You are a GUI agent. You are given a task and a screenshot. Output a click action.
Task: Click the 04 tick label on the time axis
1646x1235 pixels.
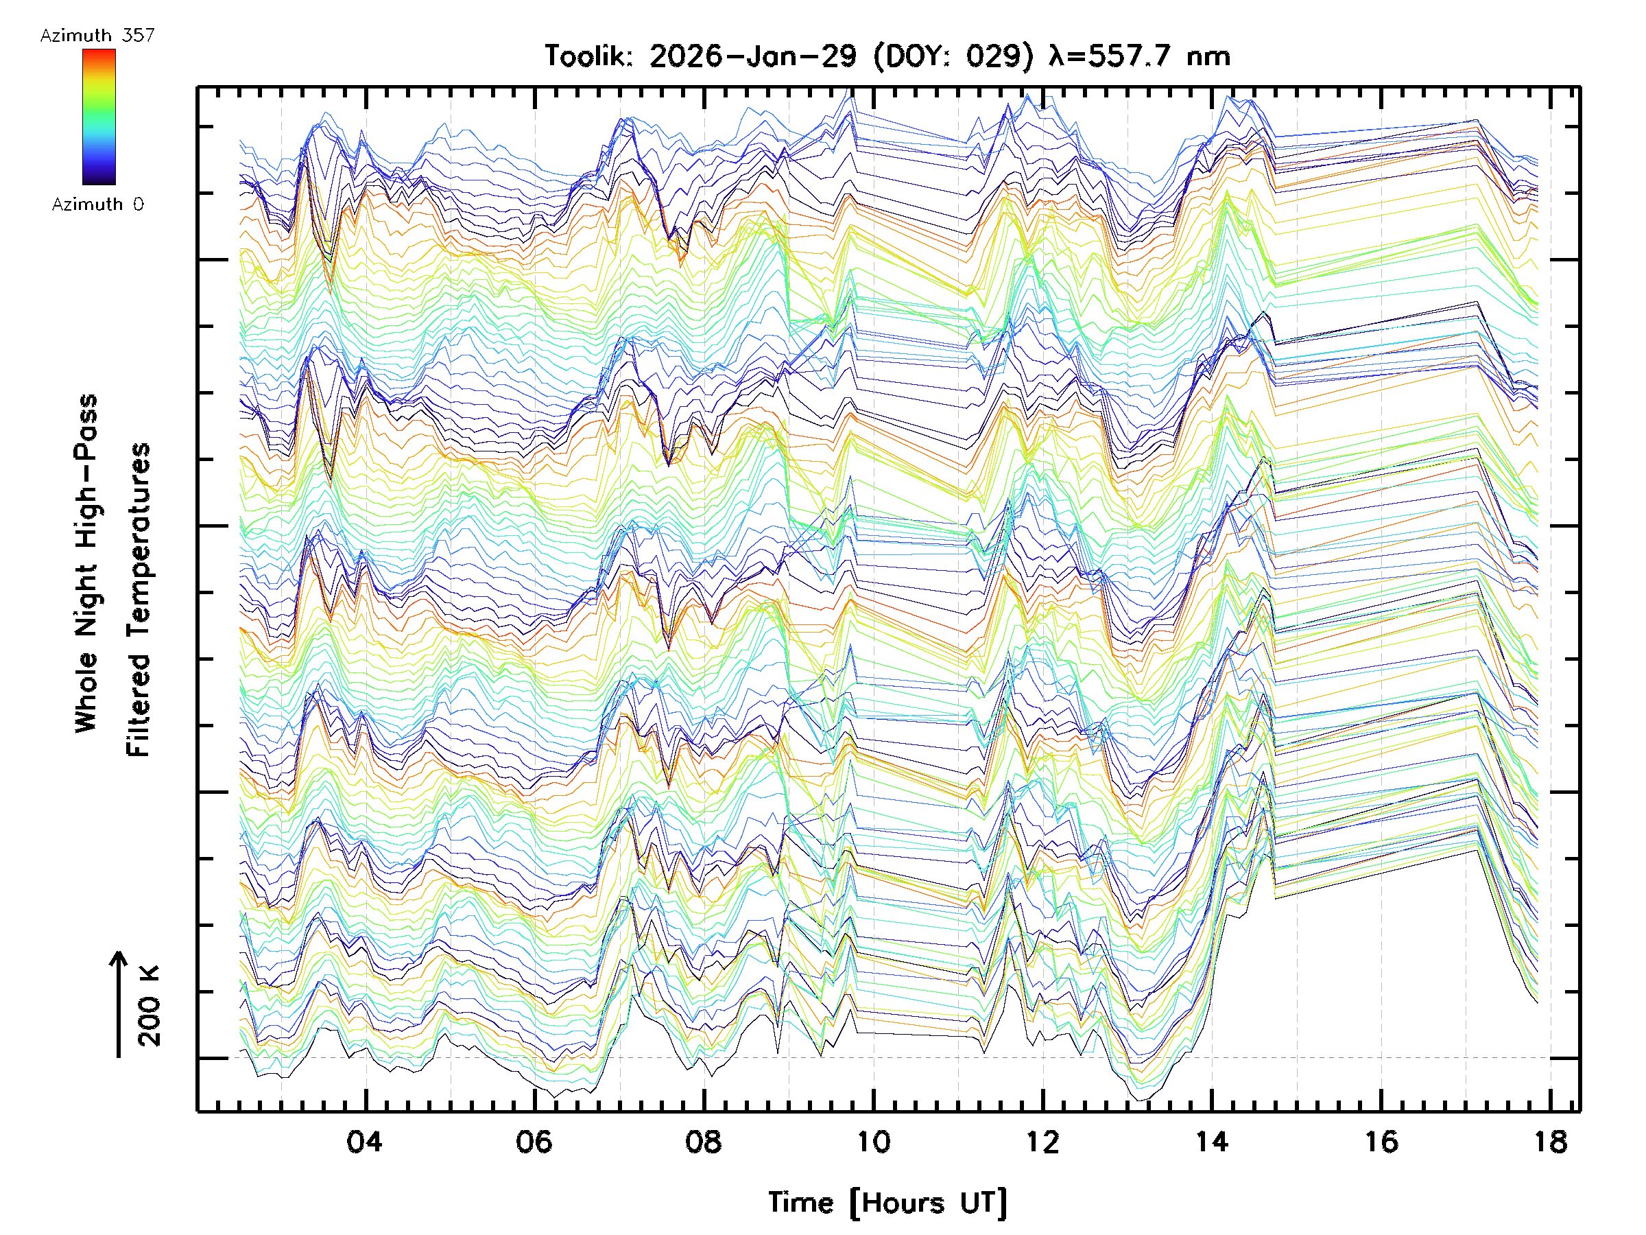365,1141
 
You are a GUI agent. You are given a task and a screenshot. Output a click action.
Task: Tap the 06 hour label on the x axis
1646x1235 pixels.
534,1141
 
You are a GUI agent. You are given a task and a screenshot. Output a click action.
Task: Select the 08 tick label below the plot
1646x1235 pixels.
703,1141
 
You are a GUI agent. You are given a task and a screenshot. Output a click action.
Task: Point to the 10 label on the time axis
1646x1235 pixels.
873,1141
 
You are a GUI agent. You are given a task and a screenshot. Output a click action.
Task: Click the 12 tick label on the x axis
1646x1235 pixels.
1042,1141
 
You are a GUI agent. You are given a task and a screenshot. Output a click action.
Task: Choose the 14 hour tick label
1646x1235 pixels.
1211,1141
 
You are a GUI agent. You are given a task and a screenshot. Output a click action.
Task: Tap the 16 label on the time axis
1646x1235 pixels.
1381,1141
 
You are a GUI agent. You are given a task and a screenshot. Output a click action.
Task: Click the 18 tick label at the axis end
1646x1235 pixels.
1551,1141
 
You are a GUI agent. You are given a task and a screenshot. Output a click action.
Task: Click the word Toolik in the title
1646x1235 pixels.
588,56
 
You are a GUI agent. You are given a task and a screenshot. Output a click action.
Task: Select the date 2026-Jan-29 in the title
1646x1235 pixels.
753,56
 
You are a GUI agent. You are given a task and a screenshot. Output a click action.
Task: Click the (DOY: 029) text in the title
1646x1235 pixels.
953,56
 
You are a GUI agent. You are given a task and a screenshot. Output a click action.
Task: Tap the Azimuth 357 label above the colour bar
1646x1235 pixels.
97,35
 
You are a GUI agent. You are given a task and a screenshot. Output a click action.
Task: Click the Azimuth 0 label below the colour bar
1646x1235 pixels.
97,204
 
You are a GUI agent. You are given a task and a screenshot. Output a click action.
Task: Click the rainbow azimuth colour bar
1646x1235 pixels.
99,117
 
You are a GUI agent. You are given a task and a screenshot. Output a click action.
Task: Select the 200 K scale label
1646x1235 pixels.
150,1006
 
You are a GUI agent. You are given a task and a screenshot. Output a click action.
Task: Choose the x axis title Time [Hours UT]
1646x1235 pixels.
887,1203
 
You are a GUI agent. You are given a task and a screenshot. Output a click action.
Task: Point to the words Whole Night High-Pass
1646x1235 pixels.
86,563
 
